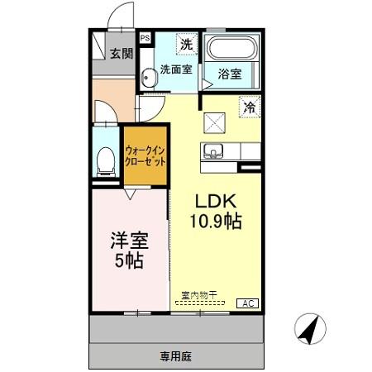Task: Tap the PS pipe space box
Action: coord(145,38)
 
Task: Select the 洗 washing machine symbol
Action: coord(188,43)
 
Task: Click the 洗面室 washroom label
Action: coord(176,69)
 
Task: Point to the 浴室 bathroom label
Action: coord(230,74)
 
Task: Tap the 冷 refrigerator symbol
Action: coord(249,106)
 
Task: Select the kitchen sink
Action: coord(213,152)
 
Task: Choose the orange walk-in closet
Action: coord(145,156)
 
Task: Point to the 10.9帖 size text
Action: coord(216,222)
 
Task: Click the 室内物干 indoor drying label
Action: coord(199,294)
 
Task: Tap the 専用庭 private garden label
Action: coord(175,356)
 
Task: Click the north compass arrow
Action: coord(311,330)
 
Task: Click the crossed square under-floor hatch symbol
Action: coord(216,122)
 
